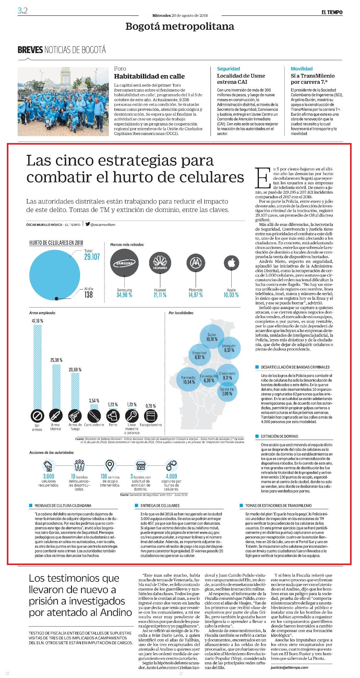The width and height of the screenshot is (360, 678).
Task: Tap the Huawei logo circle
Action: point(160,263)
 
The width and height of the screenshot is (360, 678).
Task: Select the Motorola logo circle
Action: point(196,263)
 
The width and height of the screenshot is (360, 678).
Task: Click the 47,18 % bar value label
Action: point(37,321)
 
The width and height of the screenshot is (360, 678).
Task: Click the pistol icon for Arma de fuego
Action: point(75,415)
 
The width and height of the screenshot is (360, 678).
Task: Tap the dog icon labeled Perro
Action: point(113,415)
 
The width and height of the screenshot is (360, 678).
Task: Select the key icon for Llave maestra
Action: point(131,415)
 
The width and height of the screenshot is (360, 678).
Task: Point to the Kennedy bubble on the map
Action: point(189,379)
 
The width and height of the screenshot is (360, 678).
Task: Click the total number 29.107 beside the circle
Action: point(92,257)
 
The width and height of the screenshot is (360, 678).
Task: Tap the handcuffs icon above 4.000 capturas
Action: point(171,465)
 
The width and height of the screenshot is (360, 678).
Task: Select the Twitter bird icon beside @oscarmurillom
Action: point(88,224)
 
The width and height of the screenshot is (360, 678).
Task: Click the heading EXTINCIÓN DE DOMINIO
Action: point(279,436)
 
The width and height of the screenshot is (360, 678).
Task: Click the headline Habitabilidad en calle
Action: point(149,76)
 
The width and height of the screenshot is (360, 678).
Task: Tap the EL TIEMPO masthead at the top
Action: point(332,12)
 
